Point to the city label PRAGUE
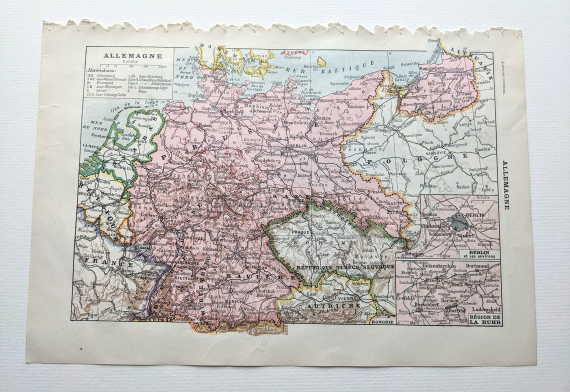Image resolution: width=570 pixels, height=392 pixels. pos(304,232)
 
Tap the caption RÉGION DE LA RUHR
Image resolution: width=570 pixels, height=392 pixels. pos(485,319)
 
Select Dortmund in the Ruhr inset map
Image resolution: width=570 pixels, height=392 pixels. pos(476,266)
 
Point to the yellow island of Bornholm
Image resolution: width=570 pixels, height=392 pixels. pos(321,62)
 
